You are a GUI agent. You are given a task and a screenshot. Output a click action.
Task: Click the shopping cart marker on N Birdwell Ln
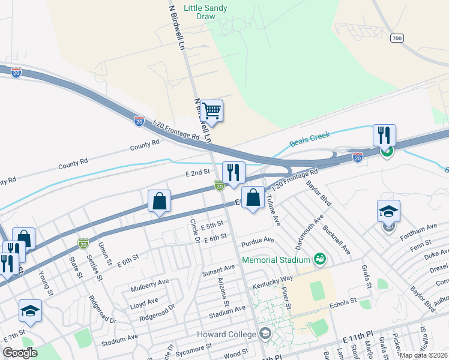click(x=211, y=110)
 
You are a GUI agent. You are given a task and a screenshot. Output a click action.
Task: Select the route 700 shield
click(x=397, y=38)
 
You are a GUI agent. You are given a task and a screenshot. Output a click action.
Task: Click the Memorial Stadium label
click(x=276, y=260)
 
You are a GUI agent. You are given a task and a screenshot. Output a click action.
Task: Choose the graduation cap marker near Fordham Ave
click(x=388, y=211)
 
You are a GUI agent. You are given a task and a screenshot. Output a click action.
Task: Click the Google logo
click(x=20, y=353)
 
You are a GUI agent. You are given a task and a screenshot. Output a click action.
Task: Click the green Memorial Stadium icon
click(x=320, y=259)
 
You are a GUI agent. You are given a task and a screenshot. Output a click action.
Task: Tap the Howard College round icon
click(x=265, y=333)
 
